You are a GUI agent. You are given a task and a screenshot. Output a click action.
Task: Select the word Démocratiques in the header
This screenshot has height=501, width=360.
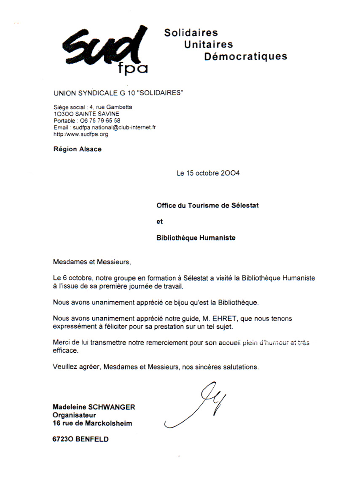tap(245, 56)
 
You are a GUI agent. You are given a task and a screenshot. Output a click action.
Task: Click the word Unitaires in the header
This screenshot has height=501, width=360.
tap(208, 44)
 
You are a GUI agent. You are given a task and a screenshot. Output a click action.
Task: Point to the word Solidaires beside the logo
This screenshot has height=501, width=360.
tap(191, 32)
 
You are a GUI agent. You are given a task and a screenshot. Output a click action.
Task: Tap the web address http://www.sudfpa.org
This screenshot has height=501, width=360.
tap(81, 134)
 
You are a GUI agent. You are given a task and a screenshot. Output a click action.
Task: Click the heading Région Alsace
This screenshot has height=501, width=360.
tap(78, 149)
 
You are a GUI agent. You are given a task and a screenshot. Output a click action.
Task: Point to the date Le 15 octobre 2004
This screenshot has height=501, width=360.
tap(208, 173)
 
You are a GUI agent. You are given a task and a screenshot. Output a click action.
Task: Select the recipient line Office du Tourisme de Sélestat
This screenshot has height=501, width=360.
tap(207, 206)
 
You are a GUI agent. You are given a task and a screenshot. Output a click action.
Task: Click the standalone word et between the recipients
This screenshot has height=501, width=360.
tap(159, 222)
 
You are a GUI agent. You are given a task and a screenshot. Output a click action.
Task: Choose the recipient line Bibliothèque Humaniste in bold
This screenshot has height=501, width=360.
tap(196, 238)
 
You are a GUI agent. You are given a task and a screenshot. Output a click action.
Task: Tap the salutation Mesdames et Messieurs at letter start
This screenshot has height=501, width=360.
tap(92, 262)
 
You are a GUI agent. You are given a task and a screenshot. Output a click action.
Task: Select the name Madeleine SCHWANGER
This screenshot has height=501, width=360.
tap(94, 407)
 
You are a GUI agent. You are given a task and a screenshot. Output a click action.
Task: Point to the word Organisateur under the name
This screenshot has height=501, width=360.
tap(74, 415)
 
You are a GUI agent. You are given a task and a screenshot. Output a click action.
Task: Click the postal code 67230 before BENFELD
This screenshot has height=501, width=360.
tap(62, 439)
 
